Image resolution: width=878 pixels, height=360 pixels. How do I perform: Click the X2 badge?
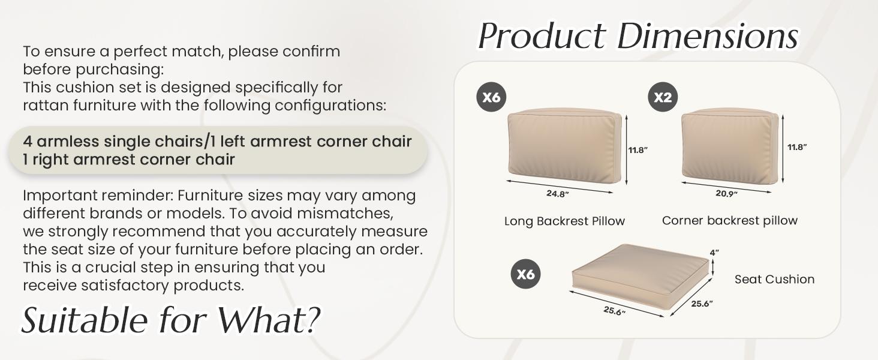pyautogui.click(x=663, y=97)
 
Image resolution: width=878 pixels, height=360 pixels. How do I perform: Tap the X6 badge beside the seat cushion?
pyautogui.click(x=525, y=274)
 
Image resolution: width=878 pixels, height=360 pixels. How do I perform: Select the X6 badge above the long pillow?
pyautogui.click(x=491, y=97)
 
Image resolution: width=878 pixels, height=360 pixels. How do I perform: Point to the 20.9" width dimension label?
pyautogui.click(x=727, y=193)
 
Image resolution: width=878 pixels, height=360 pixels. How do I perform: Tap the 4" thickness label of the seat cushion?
pyautogui.click(x=714, y=253)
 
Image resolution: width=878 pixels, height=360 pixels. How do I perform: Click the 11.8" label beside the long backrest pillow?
pyautogui.click(x=638, y=150)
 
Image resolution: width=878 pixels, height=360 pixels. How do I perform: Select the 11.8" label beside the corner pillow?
pyautogui.click(x=797, y=147)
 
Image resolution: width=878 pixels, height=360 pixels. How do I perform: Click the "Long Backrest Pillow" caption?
pyautogui.click(x=564, y=221)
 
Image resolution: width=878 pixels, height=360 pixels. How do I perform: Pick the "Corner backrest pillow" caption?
pyautogui.click(x=729, y=220)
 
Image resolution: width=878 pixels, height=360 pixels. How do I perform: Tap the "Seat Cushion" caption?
pyautogui.click(x=774, y=279)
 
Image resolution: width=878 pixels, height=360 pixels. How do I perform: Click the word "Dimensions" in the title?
pyautogui.click(x=708, y=37)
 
